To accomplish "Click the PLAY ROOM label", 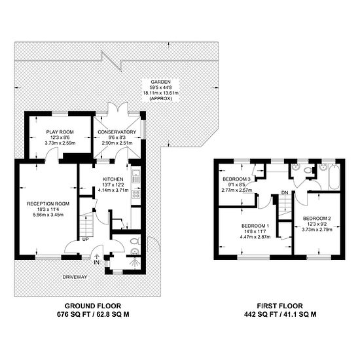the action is click(x=60, y=132).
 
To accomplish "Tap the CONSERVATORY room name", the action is click(x=117, y=132).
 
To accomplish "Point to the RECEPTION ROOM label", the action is click(x=48, y=204).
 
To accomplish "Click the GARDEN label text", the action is click(x=161, y=82).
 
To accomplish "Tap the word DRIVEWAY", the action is click(x=75, y=277).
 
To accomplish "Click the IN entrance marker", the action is click(x=97, y=262).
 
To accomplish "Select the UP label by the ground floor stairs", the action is click(x=85, y=239).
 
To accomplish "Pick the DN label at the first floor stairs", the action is click(x=285, y=192).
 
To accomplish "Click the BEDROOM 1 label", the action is click(x=255, y=226).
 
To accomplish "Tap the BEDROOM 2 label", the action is click(x=317, y=218).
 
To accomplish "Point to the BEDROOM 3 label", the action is click(x=236, y=179).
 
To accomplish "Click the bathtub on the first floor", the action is click(x=334, y=177).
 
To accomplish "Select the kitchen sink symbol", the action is click(x=135, y=176).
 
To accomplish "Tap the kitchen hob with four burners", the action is click(x=136, y=194).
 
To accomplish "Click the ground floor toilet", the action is click(x=135, y=241).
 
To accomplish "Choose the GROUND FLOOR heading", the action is click(x=93, y=306).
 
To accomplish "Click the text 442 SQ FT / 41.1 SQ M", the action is click(x=280, y=314).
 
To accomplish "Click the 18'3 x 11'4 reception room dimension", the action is click(x=48, y=209).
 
